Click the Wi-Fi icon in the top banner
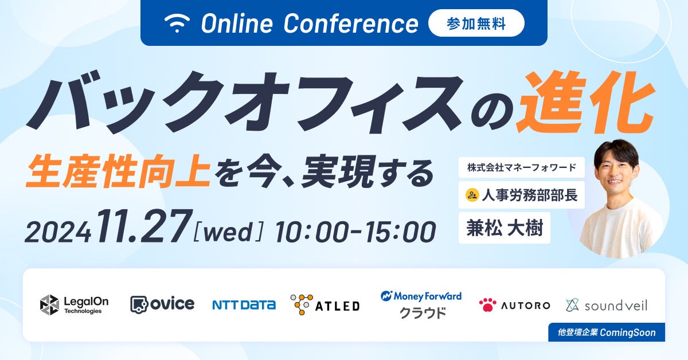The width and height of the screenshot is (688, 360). click(177, 23)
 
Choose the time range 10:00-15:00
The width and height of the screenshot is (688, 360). click(355, 231)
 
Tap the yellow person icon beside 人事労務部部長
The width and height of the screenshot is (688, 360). click(472, 195)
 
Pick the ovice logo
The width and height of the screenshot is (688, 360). click(162, 304)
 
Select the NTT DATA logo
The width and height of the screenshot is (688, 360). click(244, 305)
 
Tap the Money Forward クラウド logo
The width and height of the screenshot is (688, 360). click(421, 304)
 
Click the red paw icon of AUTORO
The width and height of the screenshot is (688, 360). click(488, 305)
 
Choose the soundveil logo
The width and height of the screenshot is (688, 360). click(607, 305)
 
